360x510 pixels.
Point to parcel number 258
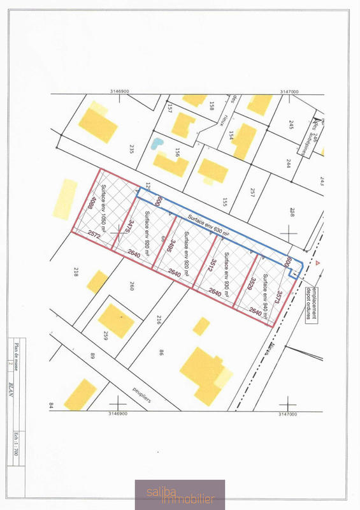292,212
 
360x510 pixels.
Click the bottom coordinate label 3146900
117,413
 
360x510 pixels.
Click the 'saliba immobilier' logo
179,495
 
